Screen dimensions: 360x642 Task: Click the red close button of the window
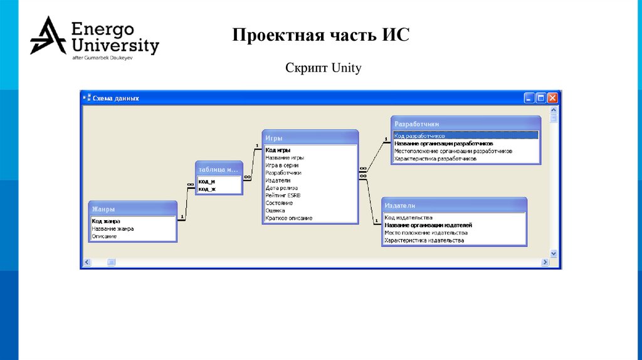(x=552, y=98)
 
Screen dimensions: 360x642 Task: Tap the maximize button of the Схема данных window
(x=541, y=98)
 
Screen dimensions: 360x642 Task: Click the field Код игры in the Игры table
(x=278, y=151)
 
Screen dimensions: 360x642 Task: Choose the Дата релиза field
(x=282, y=188)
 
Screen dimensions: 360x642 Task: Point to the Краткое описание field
(x=288, y=218)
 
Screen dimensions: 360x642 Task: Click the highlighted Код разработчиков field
(x=420, y=135)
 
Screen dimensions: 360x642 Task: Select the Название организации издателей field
(x=428, y=225)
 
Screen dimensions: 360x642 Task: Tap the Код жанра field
(x=107, y=221)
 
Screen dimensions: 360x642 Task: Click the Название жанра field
(x=113, y=229)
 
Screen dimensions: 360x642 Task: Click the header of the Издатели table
(x=454, y=205)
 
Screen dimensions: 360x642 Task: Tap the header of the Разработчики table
(x=466, y=124)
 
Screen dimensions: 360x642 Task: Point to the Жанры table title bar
(x=132, y=209)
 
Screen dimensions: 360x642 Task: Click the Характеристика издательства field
(x=424, y=240)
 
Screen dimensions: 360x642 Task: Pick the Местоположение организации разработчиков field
(x=453, y=151)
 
